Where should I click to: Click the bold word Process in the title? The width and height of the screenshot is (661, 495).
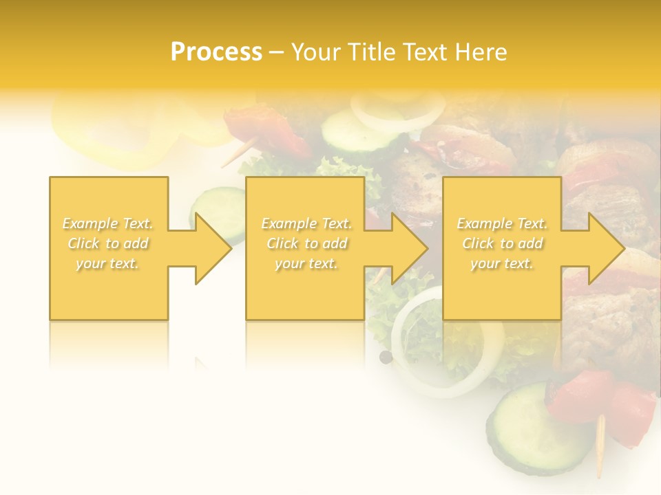(x=216, y=52)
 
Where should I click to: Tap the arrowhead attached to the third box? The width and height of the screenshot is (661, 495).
(x=605, y=248)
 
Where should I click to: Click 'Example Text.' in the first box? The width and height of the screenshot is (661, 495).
(x=108, y=223)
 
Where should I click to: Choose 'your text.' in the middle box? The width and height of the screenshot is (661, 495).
(x=306, y=263)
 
